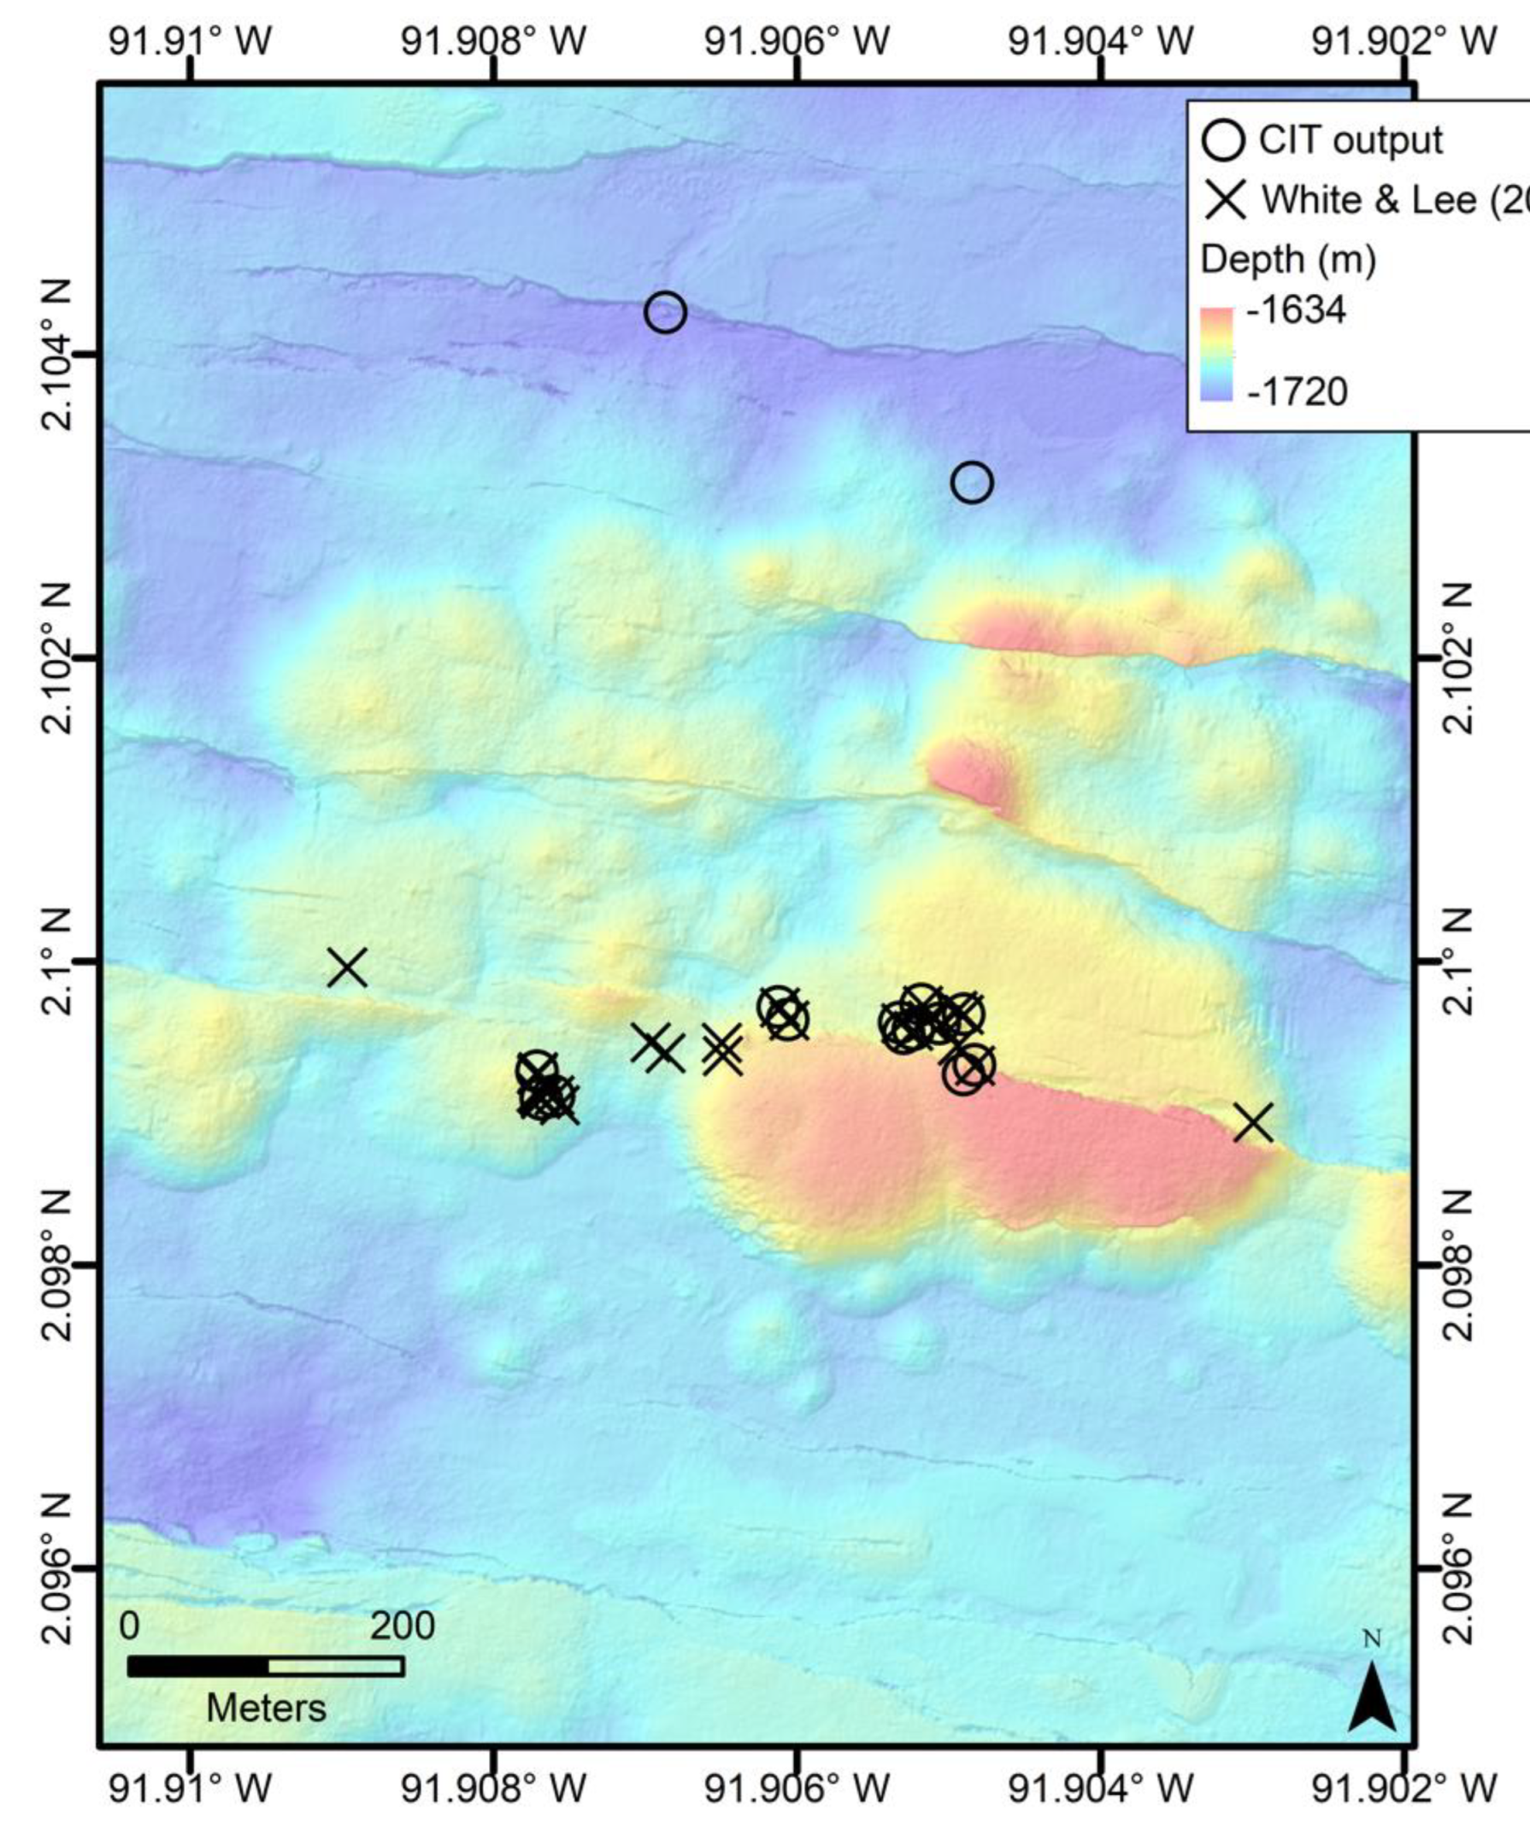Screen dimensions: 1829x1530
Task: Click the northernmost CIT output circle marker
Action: click(665, 312)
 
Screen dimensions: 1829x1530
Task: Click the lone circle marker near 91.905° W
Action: click(972, 482)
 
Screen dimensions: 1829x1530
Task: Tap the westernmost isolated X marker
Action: click(347, 967)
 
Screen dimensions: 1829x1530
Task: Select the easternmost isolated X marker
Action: click(1253, 1123)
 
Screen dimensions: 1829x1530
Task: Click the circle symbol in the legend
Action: click(1223, 140)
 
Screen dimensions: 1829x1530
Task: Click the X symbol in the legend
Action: click(1225, 199)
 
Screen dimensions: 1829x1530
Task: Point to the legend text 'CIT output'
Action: click(1351, 140)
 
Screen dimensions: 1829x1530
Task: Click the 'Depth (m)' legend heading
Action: click(1288, 259)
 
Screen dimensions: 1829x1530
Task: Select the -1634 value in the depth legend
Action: click(1297, 310)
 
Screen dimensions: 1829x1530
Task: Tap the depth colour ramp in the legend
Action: click(1216, 353)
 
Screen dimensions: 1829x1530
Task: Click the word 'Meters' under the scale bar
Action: click(266, 1708)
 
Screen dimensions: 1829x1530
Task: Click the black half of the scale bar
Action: click(197, 1666)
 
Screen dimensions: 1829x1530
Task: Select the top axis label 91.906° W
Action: click(797, 41)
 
